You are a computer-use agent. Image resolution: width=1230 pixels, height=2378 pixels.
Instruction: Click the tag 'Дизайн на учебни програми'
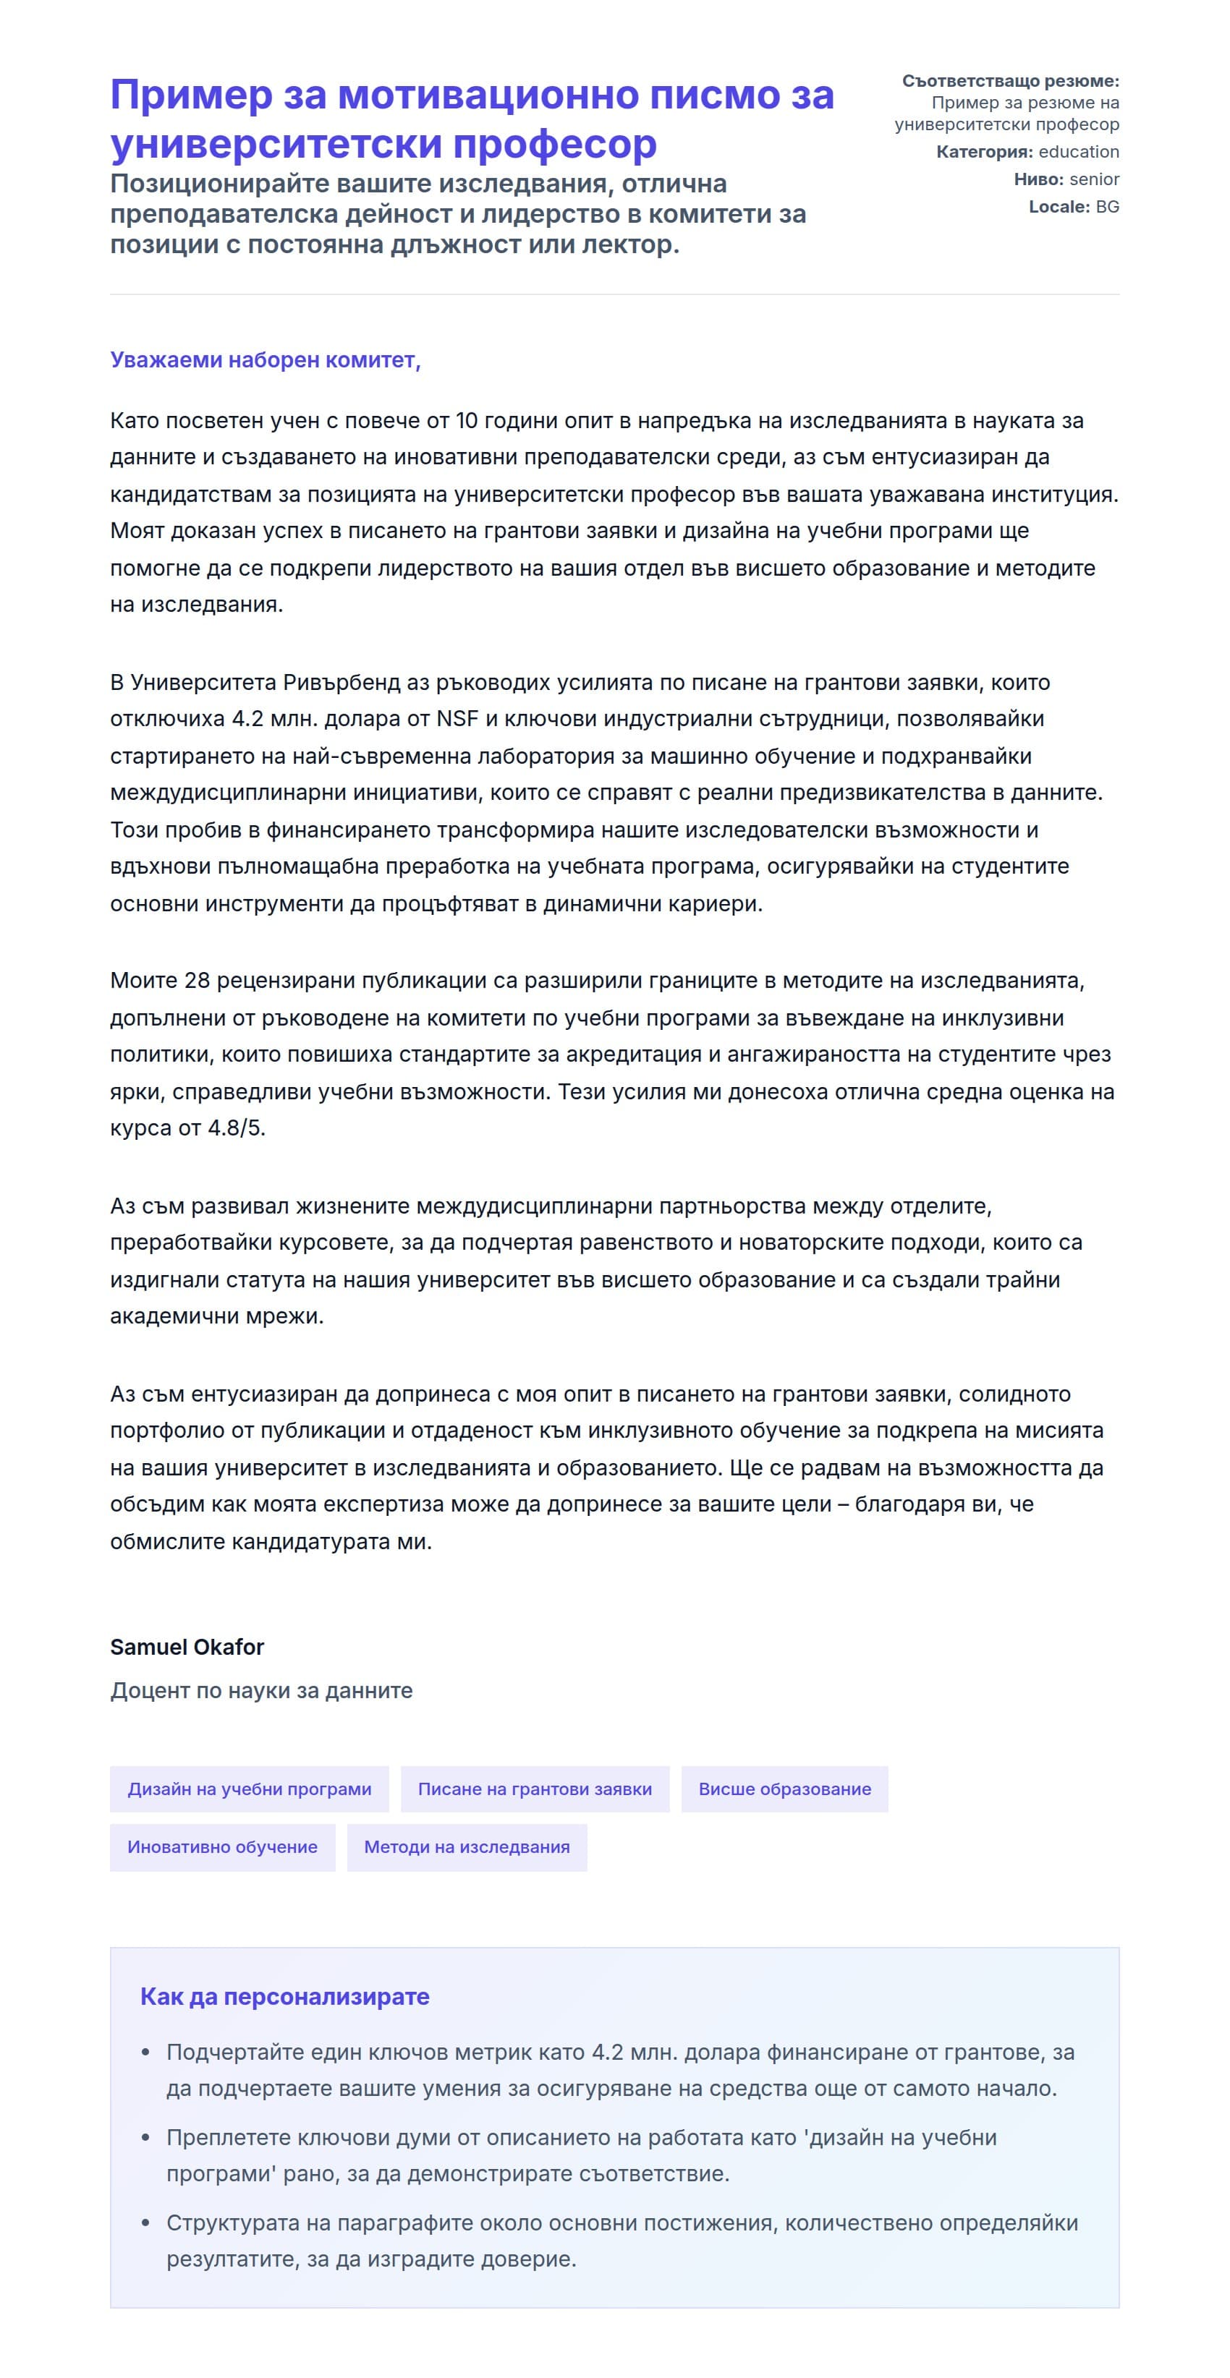click(x=250, y=1789)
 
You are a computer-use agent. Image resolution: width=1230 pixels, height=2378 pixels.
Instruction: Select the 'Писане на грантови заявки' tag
click(x=535, y=1789)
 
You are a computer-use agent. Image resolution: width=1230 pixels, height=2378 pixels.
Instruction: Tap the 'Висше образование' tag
click(x=784, y=1789)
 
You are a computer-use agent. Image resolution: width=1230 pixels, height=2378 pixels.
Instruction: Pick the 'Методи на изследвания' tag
click(x=467, y=1847)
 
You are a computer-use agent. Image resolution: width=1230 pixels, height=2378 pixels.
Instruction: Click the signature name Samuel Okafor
click(x=187, y=1647)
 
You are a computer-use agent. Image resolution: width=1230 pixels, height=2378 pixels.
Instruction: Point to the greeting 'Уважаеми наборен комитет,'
click(x=265, y=360)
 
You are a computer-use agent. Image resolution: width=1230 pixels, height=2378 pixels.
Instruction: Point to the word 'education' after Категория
click(x=1079, y=151)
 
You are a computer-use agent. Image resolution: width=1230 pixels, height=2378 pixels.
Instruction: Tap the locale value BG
click(x=1107, y=207)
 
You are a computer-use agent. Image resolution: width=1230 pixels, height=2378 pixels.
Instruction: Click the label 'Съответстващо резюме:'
click(x=1010, y=81)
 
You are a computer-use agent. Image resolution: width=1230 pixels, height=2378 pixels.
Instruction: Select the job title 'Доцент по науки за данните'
click(x=261, y=1690)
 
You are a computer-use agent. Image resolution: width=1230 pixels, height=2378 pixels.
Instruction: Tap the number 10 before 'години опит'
click(x=467, y=421)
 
